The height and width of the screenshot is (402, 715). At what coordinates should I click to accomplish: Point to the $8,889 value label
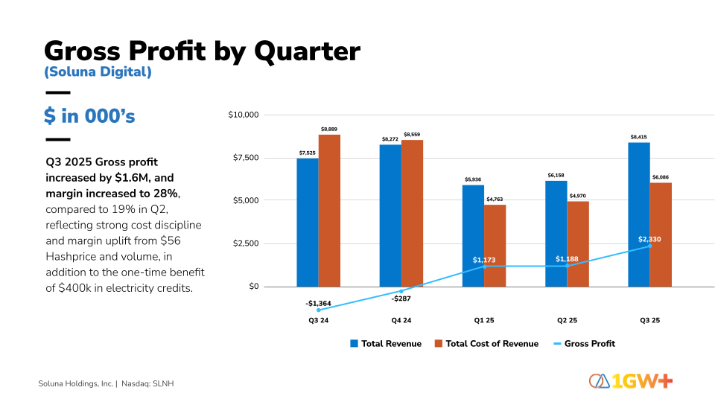pyautogui.click(x=329, y=130)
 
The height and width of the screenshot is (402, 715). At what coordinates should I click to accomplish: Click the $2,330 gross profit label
pyautogui.click(x=649, y=239)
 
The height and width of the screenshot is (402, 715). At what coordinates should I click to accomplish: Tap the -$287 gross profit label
pyautogui.click(x=401, y=298)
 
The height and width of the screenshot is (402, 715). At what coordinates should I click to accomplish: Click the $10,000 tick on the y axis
pyautogui.click(x=243, y=115)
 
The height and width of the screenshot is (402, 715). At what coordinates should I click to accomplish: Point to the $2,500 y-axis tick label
pyautogui.click(x=245, y=243)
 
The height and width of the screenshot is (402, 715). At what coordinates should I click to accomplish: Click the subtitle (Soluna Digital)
pyautogui.click(x=98, y=72)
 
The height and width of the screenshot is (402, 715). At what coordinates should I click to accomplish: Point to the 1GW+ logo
pyautogui.click(x=631, y=381)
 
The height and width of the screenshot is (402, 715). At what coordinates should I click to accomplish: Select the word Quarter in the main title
pyautogui.click(x=306, y=51)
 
